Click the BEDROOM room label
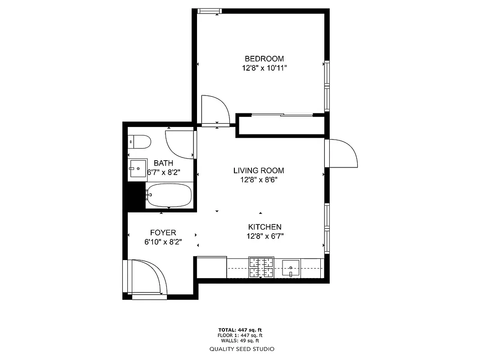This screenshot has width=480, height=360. pyautogui.click(x=264, y=58)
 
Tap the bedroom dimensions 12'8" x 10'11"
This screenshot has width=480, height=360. pyautogui.click(x=264, y=68)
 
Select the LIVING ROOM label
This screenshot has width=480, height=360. pyautogui.click(x=259, y=171)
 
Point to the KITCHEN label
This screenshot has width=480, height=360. pyautogui.click(x=265, y=227)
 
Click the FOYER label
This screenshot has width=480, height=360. pyautogui.click(x=163, y=233)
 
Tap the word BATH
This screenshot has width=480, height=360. pyautogui.click(x=163, y=163)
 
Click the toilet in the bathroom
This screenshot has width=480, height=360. pyautogui.click(x=139, y=142)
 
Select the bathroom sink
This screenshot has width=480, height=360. pyautogui.click(x=138, y=169)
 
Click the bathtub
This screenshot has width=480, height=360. pyautogui.click(x=169, y=195)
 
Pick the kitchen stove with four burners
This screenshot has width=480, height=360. pyautogui.click(x=261, y=267)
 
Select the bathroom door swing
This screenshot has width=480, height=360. pyautogui.click(x=180, y=144)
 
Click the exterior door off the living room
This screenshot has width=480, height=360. pyautogui.click(x=342, y=153)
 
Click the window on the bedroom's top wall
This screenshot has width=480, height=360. pyautogui.click(x=209, y=11)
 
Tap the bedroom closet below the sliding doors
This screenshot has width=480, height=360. pyautogui.click(x=280, y=126)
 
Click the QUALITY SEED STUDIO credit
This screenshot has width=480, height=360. pyautogui.click(x=242, y=349)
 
